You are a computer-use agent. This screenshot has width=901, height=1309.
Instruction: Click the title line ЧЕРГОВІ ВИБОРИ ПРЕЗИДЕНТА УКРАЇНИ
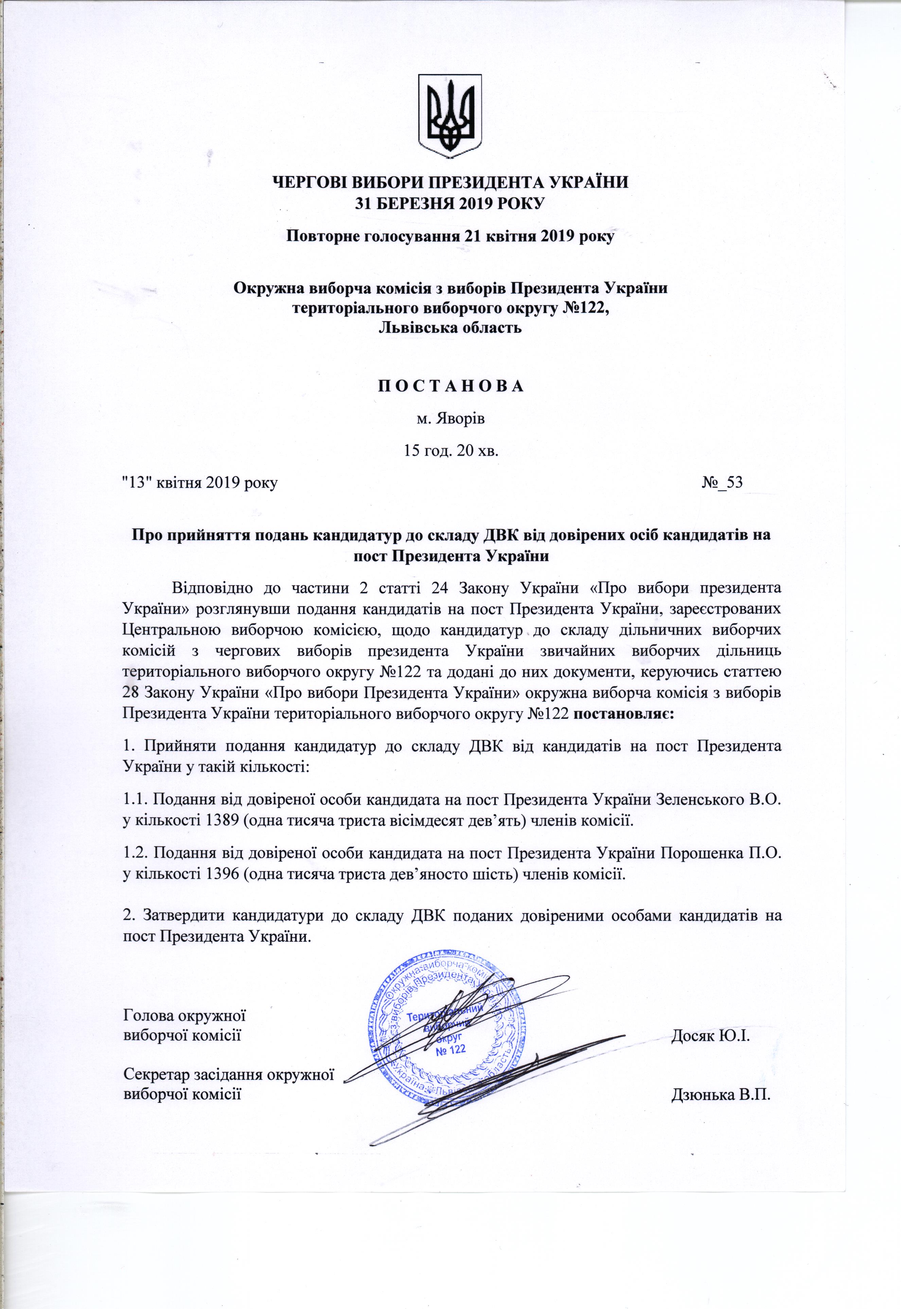[x=450, y=182]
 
